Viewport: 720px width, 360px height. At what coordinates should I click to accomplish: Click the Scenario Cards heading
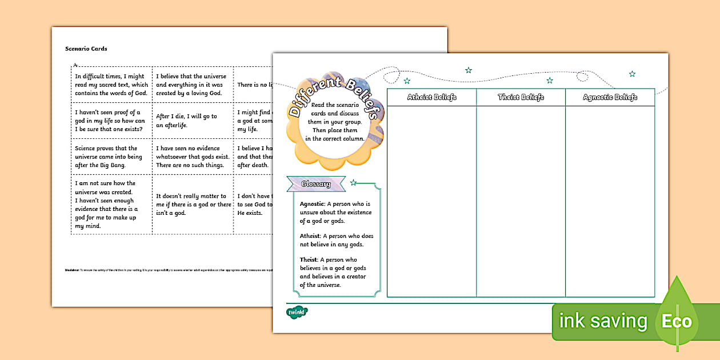click(86, 49)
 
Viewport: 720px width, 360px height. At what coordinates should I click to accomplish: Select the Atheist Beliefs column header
click(431, 97)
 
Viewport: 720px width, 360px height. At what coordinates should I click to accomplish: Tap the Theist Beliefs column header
click(521, 97)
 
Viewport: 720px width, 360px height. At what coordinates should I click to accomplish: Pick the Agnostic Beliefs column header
click(610, 97)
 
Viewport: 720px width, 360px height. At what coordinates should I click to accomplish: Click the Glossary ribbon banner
click(316, 184)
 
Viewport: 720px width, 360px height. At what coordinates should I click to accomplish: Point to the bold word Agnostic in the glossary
click(312, 204)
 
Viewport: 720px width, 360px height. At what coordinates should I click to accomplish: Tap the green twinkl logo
click(297, 312)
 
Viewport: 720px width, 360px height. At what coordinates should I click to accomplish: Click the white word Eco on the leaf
click(677, 321)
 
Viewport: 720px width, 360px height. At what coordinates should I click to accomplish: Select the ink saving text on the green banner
click(603, 321)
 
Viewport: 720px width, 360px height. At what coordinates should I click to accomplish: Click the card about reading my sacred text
click(111, 85)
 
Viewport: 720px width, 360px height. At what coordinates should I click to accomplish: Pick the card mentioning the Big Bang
click(111, 157)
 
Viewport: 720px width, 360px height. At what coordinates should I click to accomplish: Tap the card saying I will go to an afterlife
click(193, 121)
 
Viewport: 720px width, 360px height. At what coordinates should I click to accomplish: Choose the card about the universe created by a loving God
click(193, 85)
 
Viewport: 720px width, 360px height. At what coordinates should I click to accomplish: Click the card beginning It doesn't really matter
click(193, 205)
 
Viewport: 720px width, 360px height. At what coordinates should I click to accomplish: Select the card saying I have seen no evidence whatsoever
click(193, 157)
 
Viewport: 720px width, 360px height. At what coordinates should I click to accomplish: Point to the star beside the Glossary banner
click(354, 182)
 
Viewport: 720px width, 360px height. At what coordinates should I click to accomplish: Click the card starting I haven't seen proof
click(111, 121)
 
